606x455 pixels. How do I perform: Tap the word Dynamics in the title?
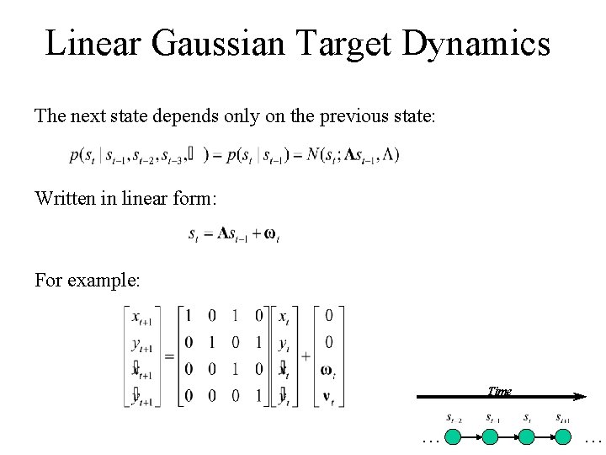[x=476, y=43]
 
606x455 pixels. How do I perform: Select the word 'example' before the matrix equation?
[x=106, y=279]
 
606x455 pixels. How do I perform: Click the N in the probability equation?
[x=313, y=154]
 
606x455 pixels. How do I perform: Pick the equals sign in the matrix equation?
[x=168, y=356]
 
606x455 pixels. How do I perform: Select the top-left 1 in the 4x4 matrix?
[x=189, y=316]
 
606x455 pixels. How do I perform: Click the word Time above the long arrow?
[x=499, y=390]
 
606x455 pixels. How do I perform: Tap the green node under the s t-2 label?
[x=454, y=436]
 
